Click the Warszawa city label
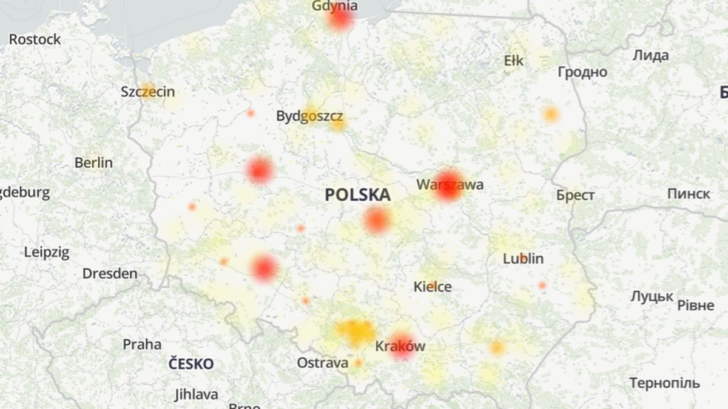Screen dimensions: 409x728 click(450, 184)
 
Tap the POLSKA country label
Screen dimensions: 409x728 click(357, 195)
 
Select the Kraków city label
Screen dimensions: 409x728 click(400, 347)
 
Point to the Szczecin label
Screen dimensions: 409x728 click(147, 92)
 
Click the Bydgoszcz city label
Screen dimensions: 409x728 click(309, 116)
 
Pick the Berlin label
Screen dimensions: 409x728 click(93, 163)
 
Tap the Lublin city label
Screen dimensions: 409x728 click(523, 259)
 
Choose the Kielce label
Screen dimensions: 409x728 click(433, 287)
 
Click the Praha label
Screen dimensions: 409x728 click(142, 345)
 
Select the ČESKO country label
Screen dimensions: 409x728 click(191, 364)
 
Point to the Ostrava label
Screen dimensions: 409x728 click(322, 363)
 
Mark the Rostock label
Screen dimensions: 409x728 click(35, 39)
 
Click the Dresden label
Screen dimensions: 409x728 click(110, 274)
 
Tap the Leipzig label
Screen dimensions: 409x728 click(47, 253)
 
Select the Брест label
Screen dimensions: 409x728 click(576, 196)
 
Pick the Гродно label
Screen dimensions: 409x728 click(582, 72)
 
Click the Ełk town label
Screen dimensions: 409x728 click(513, 61)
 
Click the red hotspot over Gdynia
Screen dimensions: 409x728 click(340, 19)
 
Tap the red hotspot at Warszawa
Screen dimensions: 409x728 click(448, 189)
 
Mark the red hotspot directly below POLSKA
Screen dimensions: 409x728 click(376, 221)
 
